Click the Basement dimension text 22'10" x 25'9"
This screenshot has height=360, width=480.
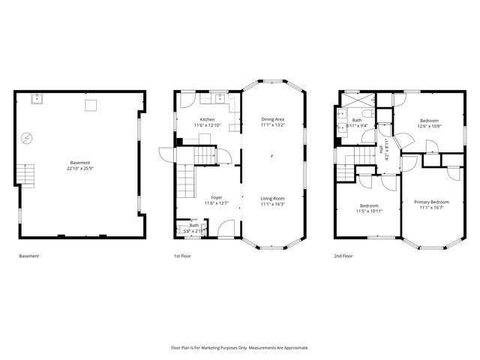80,168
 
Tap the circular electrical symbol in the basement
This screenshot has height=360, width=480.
27,138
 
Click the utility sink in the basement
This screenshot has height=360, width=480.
36,97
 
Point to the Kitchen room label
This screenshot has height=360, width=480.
207,119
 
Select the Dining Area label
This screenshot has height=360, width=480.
272,119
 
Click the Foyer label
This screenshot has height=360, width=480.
216,198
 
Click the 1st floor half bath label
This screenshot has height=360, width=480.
193,225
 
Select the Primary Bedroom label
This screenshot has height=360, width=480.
435,202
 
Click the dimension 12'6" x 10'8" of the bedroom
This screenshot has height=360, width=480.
429,126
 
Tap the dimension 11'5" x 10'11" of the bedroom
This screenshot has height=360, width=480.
368,211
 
